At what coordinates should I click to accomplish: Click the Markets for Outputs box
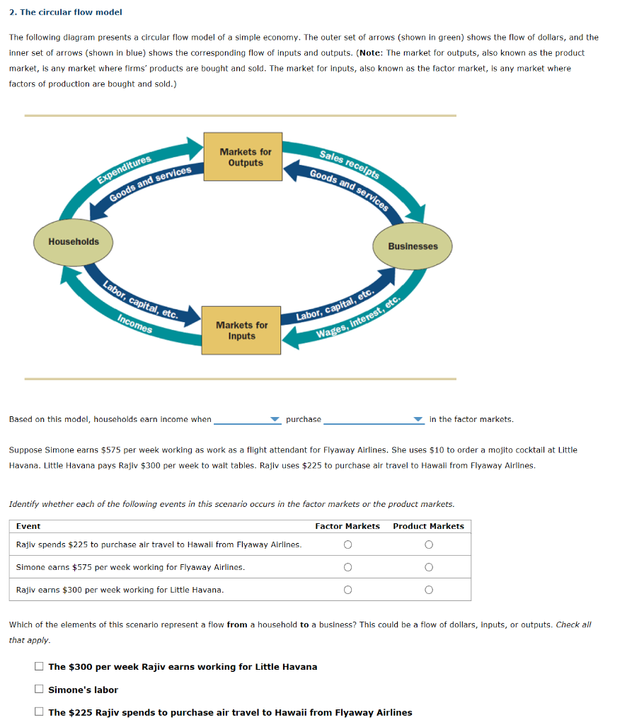(x=245, y=157)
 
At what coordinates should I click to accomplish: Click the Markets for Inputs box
(x=241, y=331)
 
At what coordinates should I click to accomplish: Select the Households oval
(x=74, y=242)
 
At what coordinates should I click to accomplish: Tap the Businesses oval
(x=413, y=246)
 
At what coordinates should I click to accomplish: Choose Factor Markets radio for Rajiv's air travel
(x=347, y=544)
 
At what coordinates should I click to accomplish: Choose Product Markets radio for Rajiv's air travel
(x=428, y=544)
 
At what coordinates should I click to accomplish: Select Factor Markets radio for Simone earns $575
(x=347, y=567)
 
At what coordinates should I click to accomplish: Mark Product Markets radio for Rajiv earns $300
(x=428, y=590)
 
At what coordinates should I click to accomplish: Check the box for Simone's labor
(x=40, y=690)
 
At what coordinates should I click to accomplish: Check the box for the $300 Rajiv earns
(x=40, y=667)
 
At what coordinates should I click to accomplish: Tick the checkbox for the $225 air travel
(x=40, y=712)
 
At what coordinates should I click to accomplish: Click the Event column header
(x=28, y=526)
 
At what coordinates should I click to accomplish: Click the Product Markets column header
(x=428, y=526)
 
